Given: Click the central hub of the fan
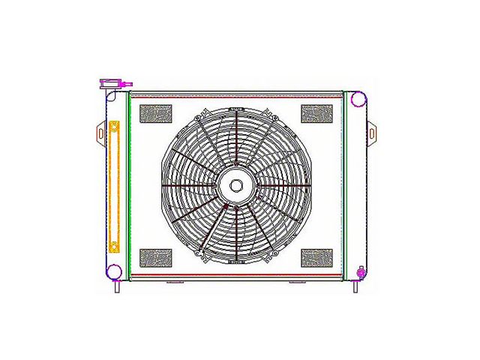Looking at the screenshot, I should tap(236, 186).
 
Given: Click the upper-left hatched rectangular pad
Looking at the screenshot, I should tap(156, 113).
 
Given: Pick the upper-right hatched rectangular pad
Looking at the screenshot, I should tap(316, 113).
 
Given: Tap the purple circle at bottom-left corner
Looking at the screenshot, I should tap(115, 272).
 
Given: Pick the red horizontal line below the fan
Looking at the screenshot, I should tap(236, 276).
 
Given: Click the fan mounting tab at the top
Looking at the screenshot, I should tap(236, 109).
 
